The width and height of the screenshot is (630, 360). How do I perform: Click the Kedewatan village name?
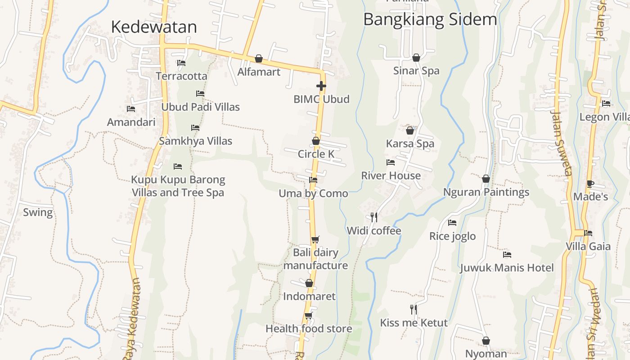pos(154,27)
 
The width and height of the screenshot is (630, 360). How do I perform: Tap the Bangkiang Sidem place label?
pos(430,19)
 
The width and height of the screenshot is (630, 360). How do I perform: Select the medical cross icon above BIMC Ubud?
pos(321,85)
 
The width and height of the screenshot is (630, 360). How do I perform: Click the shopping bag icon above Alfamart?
pos(259,58)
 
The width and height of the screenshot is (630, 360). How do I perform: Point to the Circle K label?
pos(316,154)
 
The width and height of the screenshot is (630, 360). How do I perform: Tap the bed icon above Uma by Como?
pos(313,180)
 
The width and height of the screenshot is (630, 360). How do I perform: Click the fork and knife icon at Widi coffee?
pos(374,217)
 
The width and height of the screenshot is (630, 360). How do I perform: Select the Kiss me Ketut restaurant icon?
pos(414,309)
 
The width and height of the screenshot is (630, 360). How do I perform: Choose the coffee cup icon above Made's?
pos(590,184)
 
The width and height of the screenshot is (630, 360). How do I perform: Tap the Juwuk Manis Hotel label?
pos(507,268)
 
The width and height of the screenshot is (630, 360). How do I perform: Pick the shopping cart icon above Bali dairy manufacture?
pos(315,239)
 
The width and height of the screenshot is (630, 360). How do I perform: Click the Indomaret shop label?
pos(309,296)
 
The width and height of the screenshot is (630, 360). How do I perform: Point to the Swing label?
pos(38,212)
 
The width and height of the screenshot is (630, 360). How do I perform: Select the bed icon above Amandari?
pos(131,109)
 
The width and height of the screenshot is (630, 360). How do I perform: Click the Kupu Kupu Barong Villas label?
pos(178,186)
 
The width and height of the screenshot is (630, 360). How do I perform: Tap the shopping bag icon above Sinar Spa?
pos(416,58)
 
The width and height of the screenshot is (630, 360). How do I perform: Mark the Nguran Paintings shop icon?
pos(486,179)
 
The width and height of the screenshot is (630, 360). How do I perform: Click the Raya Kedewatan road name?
pos(131,319)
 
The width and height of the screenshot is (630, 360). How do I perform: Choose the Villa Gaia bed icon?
pos(588,233)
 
